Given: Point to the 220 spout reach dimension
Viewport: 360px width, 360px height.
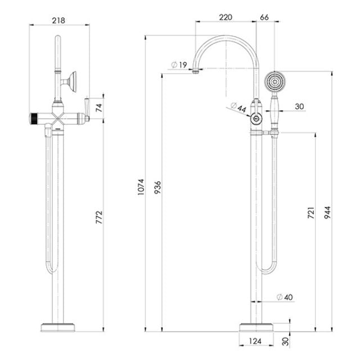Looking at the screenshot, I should (x=226, y=17).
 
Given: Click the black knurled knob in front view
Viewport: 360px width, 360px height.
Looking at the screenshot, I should (x=35, y=118).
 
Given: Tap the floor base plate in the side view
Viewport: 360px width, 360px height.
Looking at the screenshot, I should (x=257, y=327).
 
